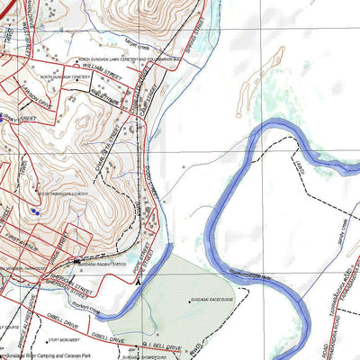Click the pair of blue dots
(x=34, y=211)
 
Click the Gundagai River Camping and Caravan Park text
(x=45, y=355)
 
